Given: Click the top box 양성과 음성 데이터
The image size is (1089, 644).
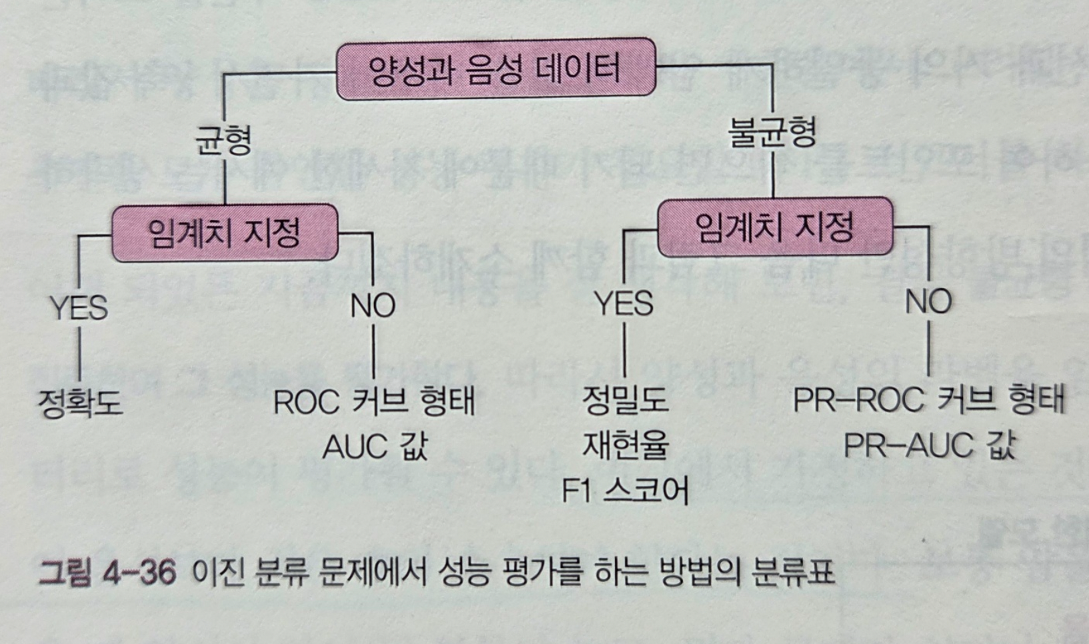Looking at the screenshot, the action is pyautogui.click(x=495, y=69).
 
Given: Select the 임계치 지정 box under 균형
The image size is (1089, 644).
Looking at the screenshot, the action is pyautogui.click(x=225, y=233).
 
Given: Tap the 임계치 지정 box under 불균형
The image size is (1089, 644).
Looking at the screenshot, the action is pyautogui.click(x=774, y=227).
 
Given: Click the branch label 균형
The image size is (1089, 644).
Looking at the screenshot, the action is pyautogui.click(x=223, y=140).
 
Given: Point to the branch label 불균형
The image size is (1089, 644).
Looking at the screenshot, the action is pyautogui.click(x=772, y=132).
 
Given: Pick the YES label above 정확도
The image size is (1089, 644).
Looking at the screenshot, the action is pyautogui.click(x=79, y=308).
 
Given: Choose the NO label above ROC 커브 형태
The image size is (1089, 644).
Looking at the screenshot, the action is pyautogui.click(x=373, y=305).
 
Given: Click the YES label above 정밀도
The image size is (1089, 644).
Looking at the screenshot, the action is pyautogui.click(x=623, y=304).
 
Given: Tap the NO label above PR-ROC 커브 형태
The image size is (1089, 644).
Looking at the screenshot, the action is pyautogui.click(x=928, y=301).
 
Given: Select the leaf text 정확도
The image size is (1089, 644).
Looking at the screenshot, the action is pyautogui.click(x=80, y=403).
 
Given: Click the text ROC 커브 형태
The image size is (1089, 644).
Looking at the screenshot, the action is pyautogui.click(x=374, y=402).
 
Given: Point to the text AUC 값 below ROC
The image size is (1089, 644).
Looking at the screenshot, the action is pyautogui.click(x=374, y=447).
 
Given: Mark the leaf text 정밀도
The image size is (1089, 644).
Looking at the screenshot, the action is pyautogui.click(x=624, y=400).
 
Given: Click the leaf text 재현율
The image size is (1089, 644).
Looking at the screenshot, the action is pyautogui.click(x=624, y=445).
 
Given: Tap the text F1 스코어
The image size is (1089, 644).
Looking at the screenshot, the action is pyautogui.click(x=624, y=491).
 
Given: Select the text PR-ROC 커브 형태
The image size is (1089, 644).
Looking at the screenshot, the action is pyautogui.click(x=928, y=400).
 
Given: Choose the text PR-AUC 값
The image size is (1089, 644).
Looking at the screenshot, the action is pyautogui.click(x=928, y=445).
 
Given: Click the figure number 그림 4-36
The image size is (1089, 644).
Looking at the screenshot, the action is pyautogui.click(x=107, y=573).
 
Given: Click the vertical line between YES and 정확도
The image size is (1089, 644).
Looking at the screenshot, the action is pyautogui.click(x=79, y=353).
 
